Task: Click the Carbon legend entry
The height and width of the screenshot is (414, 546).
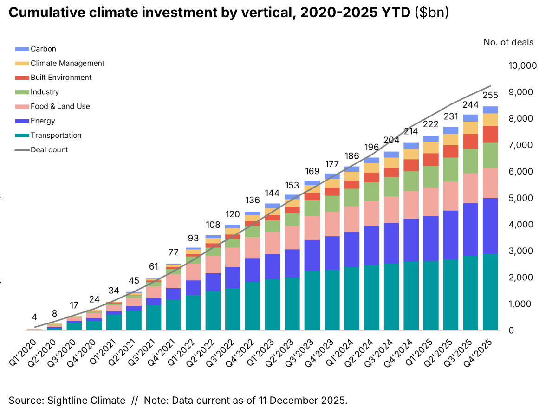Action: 43,49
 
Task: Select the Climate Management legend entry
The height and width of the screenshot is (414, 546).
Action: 67,63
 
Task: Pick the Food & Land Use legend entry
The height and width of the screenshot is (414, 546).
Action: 60,106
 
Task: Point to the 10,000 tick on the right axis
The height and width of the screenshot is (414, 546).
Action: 522,66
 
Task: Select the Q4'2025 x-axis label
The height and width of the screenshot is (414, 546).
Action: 483,353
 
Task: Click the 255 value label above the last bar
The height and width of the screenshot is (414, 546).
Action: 490,96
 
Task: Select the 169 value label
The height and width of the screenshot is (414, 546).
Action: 312,170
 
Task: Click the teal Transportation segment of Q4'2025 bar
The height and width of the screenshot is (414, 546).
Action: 490,292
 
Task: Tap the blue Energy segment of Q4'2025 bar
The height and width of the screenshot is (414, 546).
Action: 490,226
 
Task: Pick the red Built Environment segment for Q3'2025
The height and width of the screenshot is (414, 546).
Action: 470,141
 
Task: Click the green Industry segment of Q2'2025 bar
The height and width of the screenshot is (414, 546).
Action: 450,169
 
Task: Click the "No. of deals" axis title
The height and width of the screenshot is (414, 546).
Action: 508,43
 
